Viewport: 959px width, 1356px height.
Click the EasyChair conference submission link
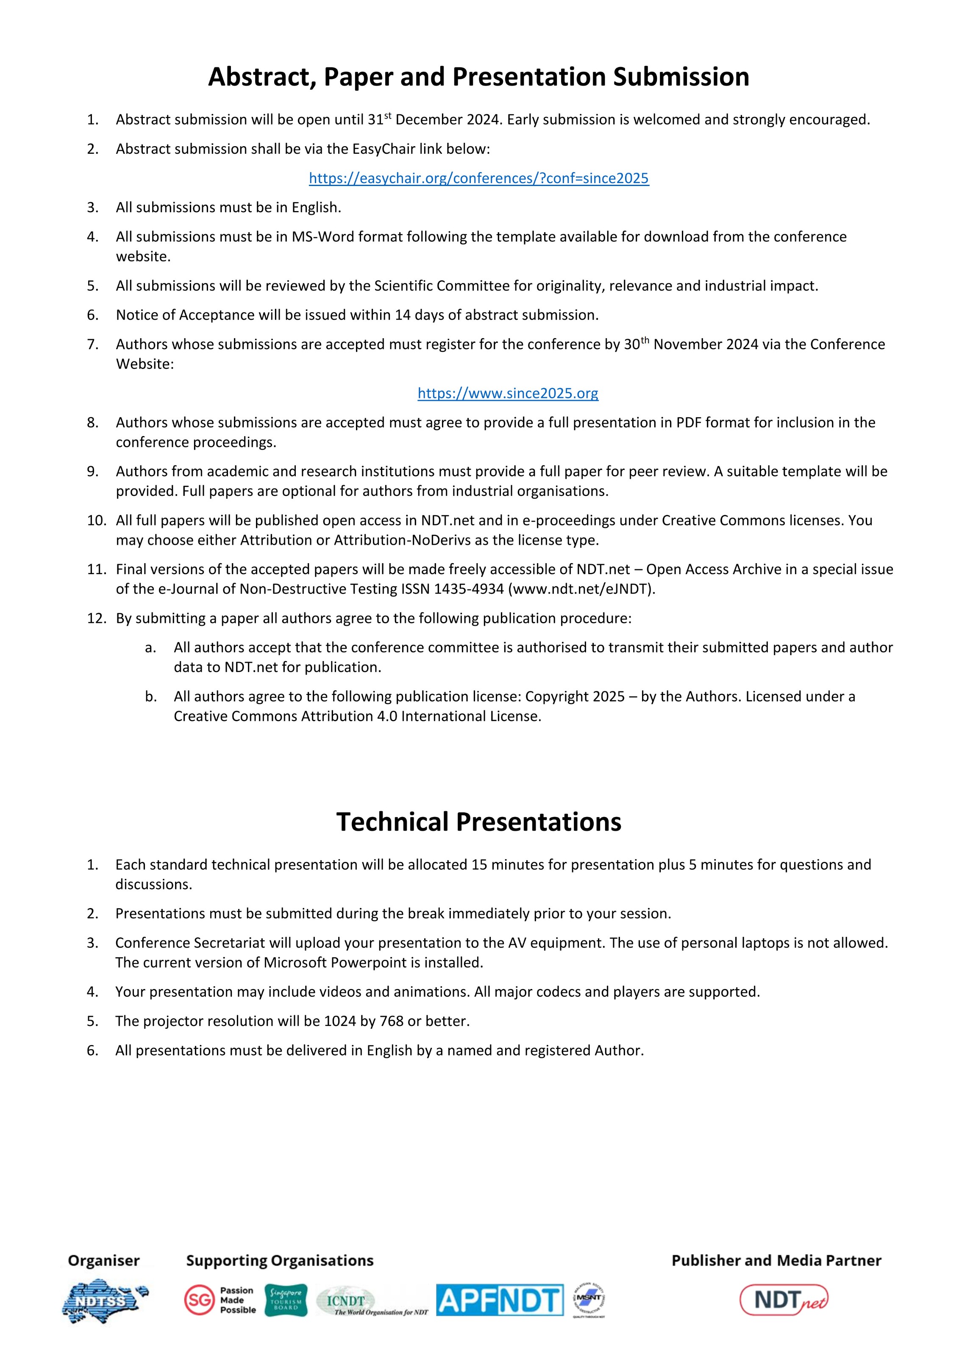pyautogui.click(x=479, y=178)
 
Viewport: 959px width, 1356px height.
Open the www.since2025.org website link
pyautogui.click(x=508, y=393)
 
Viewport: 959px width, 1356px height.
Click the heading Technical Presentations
pyautogui.click(x=479, y=822)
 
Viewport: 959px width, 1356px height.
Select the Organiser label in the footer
pyautogui.click(x=104, y=1260)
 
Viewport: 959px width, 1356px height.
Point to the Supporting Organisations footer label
pyautogui.click(x=280, y=1260)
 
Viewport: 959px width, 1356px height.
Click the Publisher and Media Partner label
pyautogui.click(x=776, y=1260)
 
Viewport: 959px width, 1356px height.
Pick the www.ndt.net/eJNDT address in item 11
pyautogui.click(x=582, y=589)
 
